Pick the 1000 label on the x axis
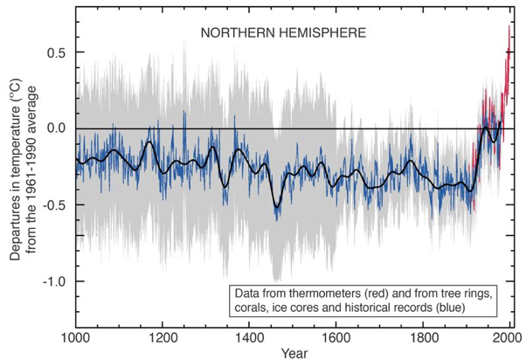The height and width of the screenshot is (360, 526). pos(77,336)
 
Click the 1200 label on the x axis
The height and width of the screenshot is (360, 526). pos(163,336)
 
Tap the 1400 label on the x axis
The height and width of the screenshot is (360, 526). pos(249,336)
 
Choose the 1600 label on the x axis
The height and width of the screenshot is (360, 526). pos(336,336)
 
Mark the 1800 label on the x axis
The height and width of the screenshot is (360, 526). pos(422,336)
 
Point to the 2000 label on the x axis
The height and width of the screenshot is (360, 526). pos(508,336)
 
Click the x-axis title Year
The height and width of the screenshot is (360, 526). pos(293,352)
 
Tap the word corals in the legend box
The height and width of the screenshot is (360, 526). pos(249,307)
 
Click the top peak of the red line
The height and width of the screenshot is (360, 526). pos(509,25)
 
